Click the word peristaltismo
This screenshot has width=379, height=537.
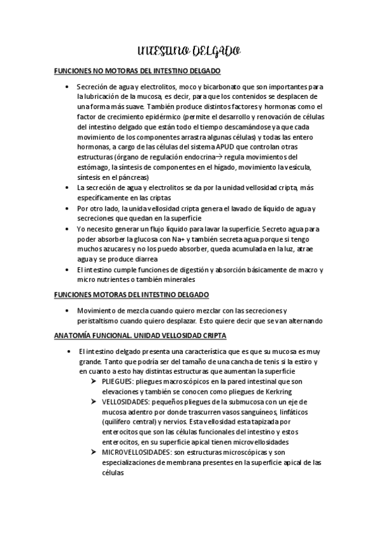coord(99,320)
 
